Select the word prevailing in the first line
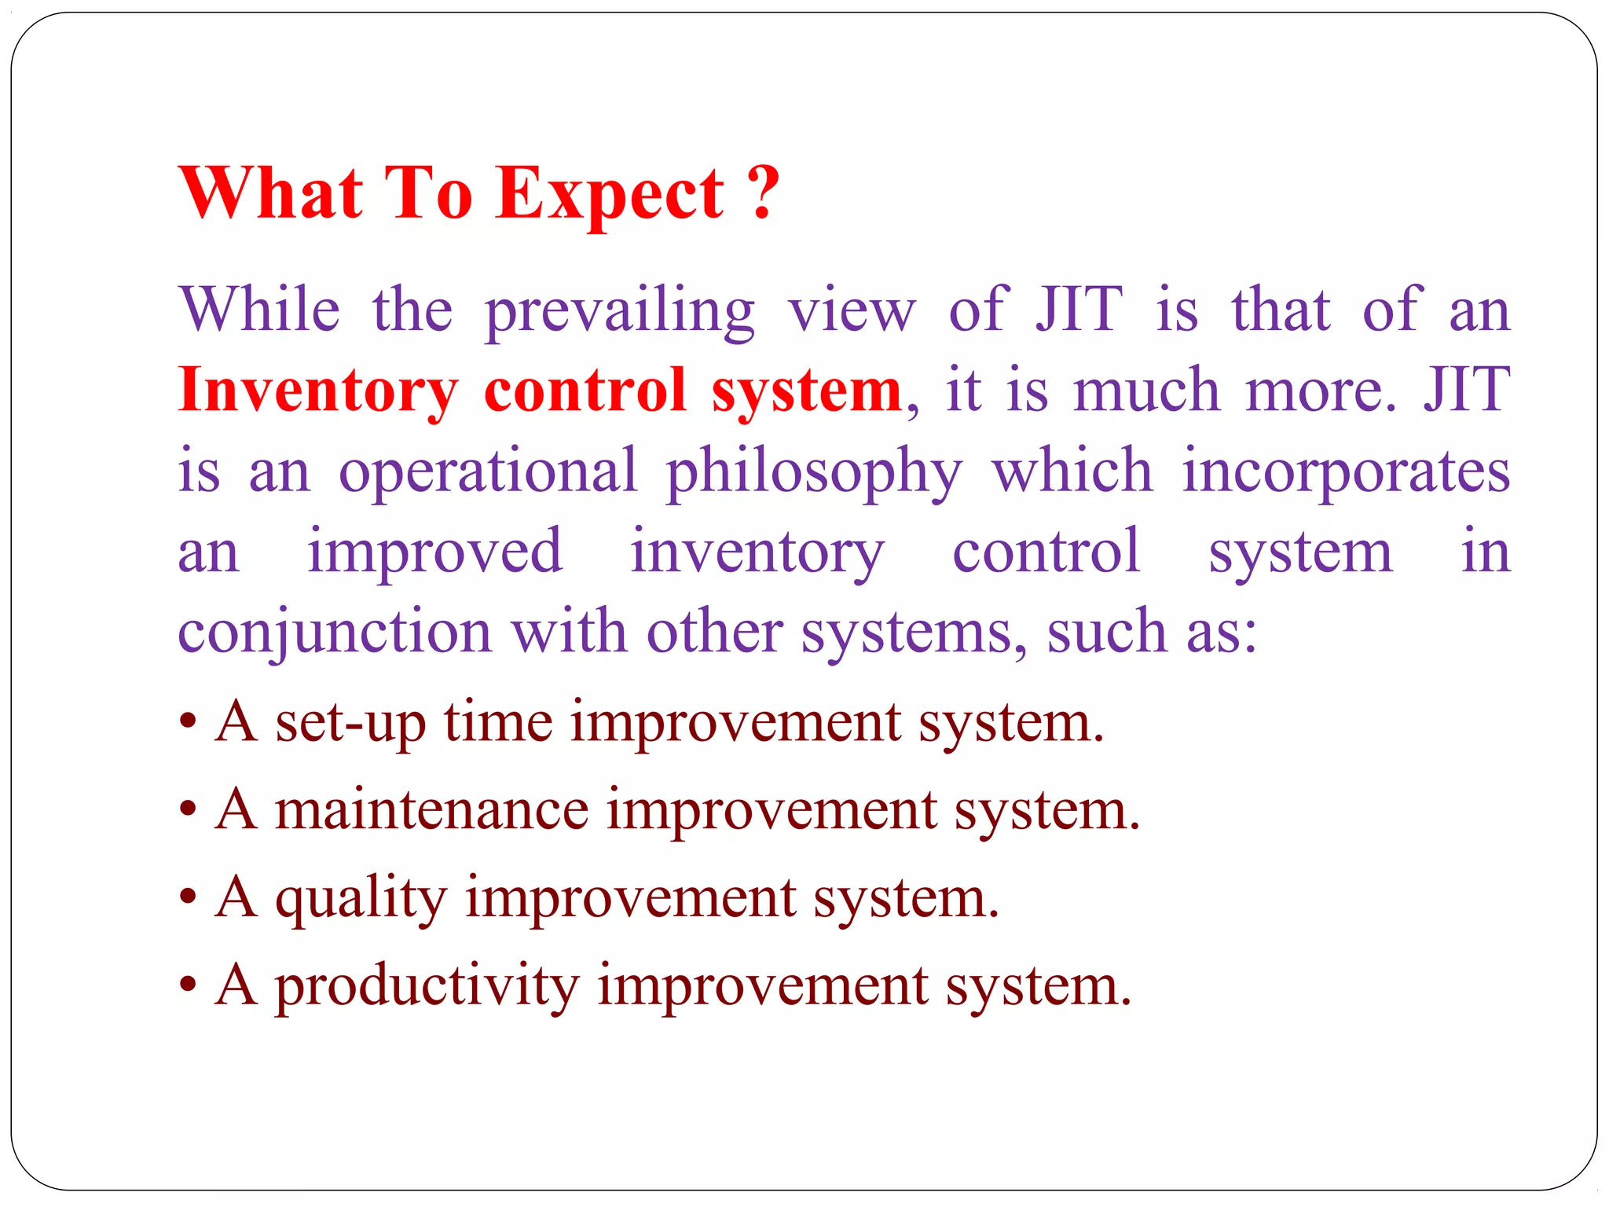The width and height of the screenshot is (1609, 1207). tap(620, 312)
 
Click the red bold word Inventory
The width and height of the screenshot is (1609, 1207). tap(317, 391)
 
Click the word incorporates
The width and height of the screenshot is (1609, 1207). tap(1346, 471)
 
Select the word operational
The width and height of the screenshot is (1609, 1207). tap(488, 471)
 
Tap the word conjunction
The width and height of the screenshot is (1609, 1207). tap(335, 633)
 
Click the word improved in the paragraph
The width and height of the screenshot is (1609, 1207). tap(434, 553)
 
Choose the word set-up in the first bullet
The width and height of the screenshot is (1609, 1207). tap(350, 723)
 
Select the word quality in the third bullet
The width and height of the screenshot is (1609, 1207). tap(361, 899)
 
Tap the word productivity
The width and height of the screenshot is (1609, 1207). tap(427, 987)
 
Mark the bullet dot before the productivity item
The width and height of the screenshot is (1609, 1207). tap(187, 984)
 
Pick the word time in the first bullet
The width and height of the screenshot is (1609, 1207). tap(498, 722)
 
